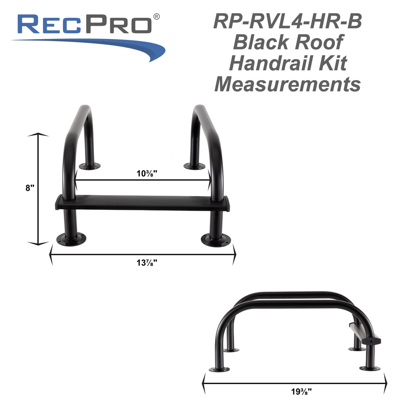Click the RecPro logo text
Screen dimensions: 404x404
click(x=85, y=25)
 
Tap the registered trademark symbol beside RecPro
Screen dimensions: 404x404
click(x=156, y=16)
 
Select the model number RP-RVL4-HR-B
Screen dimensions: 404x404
click(x=287, y=21)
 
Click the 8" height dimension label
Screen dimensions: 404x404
click(x=30, y=188)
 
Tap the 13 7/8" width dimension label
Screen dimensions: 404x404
click(x=147, y=263)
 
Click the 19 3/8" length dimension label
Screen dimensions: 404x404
click(x=301, y=392)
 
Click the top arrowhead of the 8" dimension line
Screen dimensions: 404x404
click(x=38, y=135)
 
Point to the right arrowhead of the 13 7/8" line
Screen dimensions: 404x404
click(x=234, y=255)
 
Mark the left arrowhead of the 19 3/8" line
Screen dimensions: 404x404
click(x=204, y=383)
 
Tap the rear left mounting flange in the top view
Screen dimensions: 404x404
click(x=89, y=166)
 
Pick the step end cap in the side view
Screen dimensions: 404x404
click(x=371, y=341)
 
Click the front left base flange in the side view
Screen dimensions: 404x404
click(x=219, y=369)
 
